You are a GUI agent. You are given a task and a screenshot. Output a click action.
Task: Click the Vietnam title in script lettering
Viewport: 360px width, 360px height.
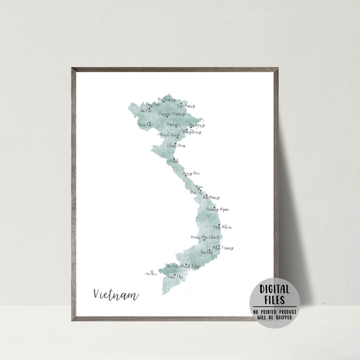coord(116,295)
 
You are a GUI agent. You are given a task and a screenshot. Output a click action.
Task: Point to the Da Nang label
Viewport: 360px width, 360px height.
coord(211,197)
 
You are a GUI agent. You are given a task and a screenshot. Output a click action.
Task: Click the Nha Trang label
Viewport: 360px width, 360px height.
coord(223,247)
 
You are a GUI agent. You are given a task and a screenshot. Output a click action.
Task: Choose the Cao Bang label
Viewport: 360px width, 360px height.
coord(186,106)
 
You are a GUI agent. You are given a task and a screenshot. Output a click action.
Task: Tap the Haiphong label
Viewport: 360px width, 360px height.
coord(193,131)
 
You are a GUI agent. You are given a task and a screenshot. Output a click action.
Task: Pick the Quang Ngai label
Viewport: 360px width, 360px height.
coord(218,209)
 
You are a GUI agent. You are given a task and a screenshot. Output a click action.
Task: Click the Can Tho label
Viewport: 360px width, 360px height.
coord(175,277)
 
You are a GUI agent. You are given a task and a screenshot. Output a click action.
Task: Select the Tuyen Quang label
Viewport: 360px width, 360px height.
coord(172,113)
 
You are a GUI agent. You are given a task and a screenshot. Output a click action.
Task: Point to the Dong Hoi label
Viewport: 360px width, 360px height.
coord(191,173)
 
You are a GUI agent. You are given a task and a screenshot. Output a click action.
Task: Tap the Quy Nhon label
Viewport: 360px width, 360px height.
coord(222,227)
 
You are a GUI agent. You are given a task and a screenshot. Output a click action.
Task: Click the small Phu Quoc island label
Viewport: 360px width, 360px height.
coord(151,274)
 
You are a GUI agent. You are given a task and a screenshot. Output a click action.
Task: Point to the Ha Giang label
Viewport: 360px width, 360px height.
coord(165,100)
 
